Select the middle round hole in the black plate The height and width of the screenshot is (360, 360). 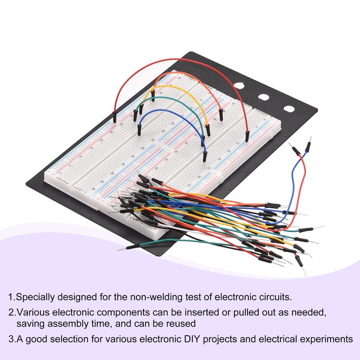point(264,96)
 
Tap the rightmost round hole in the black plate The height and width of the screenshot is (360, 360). point(288,109)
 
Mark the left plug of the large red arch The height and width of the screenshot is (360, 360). point(115,118)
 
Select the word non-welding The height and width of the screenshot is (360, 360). point(156,297)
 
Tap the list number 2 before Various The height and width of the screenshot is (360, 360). point(10,312)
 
